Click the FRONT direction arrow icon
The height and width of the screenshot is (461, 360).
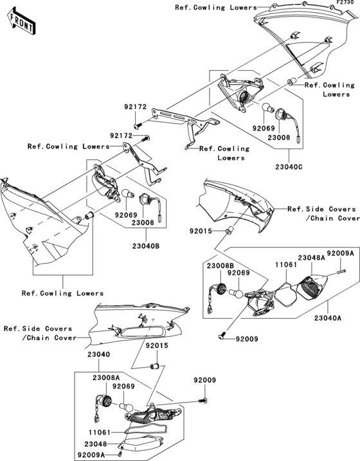point(21,23)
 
